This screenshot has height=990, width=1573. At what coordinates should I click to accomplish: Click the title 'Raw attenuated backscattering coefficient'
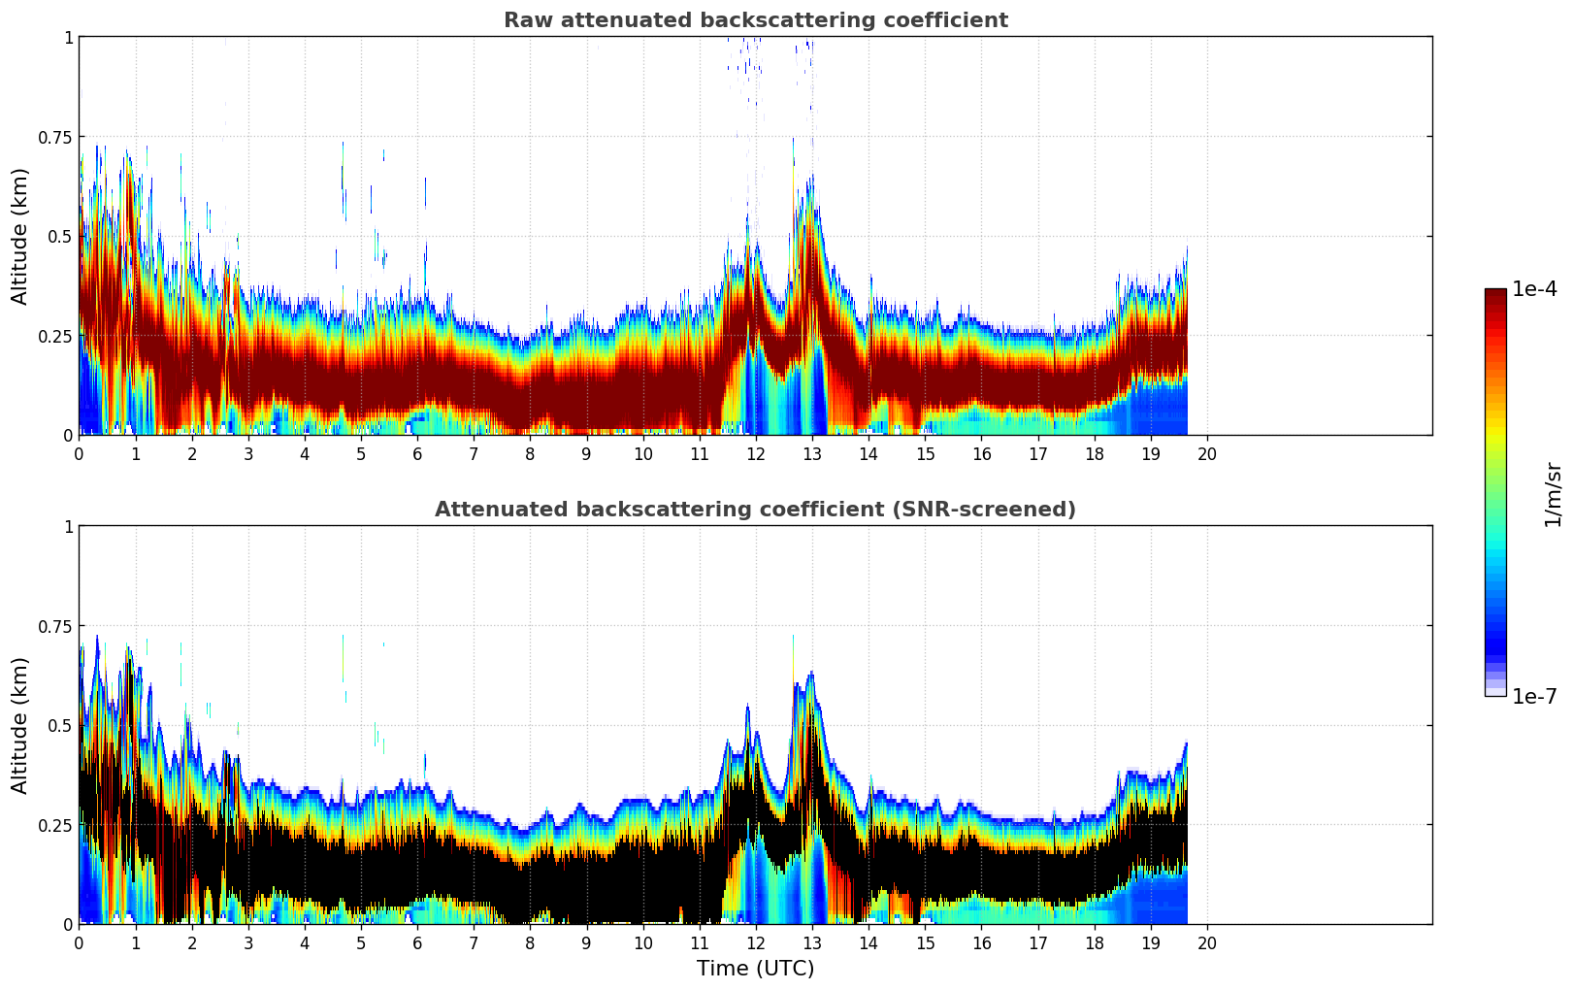(755, 20)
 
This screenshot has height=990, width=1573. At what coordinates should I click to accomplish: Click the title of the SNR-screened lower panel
(755, 510)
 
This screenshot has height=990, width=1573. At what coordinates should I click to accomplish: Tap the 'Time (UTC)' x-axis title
(755, 969)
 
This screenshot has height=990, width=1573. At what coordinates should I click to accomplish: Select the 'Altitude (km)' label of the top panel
(20, 236)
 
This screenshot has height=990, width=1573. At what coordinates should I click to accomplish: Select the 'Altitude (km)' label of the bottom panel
(20, 725)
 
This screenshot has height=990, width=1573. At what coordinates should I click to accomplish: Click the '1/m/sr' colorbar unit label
(1553, 494)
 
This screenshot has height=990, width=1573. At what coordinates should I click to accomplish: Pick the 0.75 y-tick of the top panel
(54, 137)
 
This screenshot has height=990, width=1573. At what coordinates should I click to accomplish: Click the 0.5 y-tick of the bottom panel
(60, 725)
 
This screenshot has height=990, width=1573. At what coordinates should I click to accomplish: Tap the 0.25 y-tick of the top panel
(54, 336)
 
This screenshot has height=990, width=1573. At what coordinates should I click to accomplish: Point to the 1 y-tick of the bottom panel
(68, 527)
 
